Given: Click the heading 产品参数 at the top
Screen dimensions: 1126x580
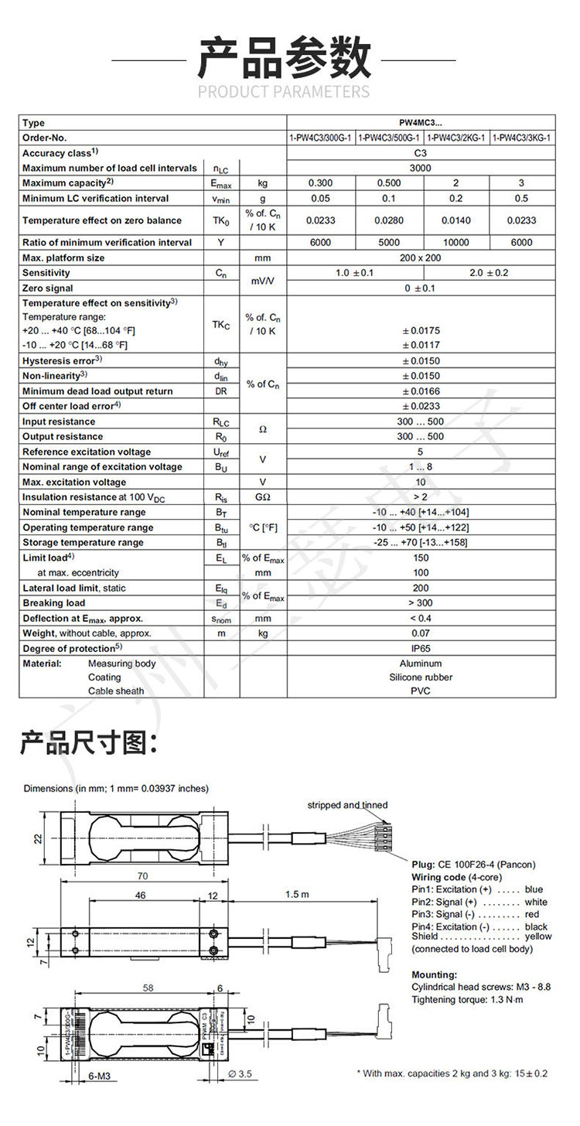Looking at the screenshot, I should [x=284, y=58].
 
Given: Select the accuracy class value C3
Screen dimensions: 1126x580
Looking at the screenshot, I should [x=420, y=153].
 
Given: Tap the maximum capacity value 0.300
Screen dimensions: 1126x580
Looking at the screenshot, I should [x=321, y=183].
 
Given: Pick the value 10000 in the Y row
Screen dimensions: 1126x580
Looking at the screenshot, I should [x=456, y=243].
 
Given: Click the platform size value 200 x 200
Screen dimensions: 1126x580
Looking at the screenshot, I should [x=420, y=258].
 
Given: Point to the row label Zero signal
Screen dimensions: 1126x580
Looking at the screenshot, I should [x=47, y=288].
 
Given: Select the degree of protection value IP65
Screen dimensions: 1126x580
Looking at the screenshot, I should [x=420, y=649].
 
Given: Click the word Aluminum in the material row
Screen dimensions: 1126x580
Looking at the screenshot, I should [x=420, y=664].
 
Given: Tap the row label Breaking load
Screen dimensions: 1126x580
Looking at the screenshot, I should [x=54, y=603].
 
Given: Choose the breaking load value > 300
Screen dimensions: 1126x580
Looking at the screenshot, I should [x=420, y=603].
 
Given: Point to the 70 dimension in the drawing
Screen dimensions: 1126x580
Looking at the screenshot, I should [x=142, y=876].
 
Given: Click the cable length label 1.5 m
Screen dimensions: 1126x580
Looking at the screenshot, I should [x=298, y=895].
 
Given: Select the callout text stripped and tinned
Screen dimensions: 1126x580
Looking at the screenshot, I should [x=347, y=805].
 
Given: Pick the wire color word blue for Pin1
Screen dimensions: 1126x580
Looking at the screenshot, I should [x=534, y=889].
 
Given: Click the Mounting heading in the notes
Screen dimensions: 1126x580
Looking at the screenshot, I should [x=434, y=974].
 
